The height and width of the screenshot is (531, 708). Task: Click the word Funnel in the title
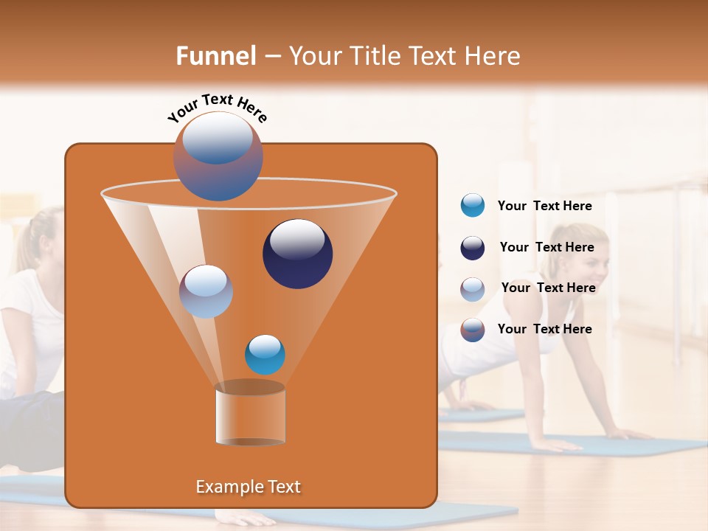pos(216,56)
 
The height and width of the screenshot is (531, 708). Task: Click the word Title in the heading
pos(374,56)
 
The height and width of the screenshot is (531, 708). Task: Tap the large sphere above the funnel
pos(218,156)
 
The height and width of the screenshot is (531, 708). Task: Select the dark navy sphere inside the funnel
pos(298,254)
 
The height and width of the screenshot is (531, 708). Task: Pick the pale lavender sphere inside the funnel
pos(206,291)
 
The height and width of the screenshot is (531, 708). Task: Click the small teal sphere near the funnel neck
pos(265,355)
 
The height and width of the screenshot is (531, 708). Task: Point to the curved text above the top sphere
pos(217,107)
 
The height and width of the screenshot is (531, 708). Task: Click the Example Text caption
pos(249,487)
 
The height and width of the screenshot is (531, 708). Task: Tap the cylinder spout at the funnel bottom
pos(251,414)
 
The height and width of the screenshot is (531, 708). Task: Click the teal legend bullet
pos(473,206)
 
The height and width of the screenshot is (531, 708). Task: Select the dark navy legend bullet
pos(473,248)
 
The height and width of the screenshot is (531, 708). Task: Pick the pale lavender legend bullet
pos(473,288)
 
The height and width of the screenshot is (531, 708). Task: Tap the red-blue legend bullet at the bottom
pos(473,330)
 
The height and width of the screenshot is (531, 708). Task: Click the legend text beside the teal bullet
pos(544,206)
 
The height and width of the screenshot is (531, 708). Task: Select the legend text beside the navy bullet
pos(546,247)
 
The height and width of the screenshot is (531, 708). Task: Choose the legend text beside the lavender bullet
pos(548,288)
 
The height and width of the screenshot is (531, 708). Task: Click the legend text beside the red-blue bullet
pos(544,329)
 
